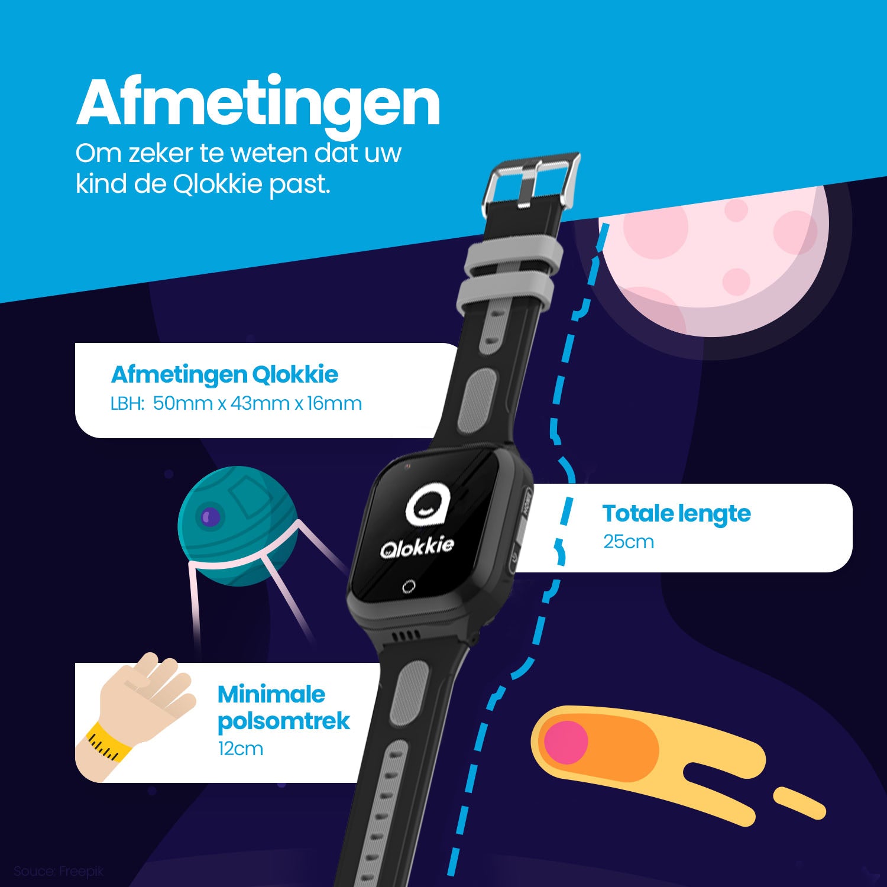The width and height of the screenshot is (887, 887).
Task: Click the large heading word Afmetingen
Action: click(258, 102)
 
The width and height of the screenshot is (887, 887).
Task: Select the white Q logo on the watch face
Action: click(428, 506)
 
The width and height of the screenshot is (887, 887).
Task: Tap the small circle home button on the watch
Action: click(409, 587)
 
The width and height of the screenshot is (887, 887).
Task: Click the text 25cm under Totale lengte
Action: click(629, 542)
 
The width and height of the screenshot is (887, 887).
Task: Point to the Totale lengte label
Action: click(676, 513)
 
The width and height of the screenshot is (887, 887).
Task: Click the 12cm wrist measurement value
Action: click(240, 749)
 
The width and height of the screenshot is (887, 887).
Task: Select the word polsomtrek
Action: click(284, 721)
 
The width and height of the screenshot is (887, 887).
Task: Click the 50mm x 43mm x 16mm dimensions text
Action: click(257, 403)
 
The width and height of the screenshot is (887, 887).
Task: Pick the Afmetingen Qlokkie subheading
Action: click(225, 374)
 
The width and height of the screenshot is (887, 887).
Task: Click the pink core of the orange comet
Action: click(565, 742)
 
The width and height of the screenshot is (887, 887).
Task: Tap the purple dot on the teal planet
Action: click(210, 517)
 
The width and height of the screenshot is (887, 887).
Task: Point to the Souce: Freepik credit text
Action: click(59, 871)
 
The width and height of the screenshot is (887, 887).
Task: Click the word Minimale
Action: click(271, 694)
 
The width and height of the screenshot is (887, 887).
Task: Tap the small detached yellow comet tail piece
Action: click(799, 802)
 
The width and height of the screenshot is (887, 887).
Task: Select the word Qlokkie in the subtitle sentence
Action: click(217, 184)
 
